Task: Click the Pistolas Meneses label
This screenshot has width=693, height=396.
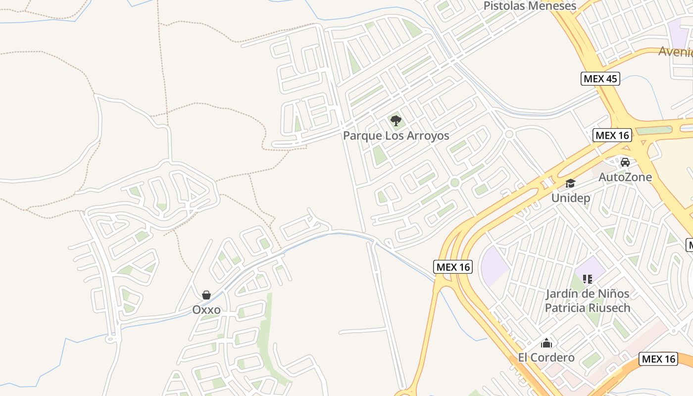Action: coord(530,6)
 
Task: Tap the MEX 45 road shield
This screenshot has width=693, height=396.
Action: coord(600,78)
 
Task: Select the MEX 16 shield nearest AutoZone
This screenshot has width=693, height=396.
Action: coord(612,135)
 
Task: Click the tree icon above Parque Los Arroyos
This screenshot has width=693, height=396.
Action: coord(396,120)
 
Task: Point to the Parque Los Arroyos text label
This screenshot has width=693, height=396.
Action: coord(396,136)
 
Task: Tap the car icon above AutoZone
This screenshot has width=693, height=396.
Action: coord(625,162)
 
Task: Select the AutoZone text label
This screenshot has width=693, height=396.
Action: coord(625,177)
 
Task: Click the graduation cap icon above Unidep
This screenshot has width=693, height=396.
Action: coord(571,183)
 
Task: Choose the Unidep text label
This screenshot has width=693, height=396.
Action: coord(571,198)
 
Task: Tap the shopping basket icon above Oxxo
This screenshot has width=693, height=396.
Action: coord(206,296)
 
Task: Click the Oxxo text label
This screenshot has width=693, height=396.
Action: coord(206,310)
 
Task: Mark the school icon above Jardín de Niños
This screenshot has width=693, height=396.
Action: coord(588,279)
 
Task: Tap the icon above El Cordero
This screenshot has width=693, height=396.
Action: coord(546,343)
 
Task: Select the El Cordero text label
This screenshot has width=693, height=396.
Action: coord(546,357)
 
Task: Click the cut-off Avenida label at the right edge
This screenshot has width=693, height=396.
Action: coord(676,51)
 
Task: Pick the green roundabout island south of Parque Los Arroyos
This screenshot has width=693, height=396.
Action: coord(455,183)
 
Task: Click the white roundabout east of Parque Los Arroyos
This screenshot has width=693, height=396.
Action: coord(509,134)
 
